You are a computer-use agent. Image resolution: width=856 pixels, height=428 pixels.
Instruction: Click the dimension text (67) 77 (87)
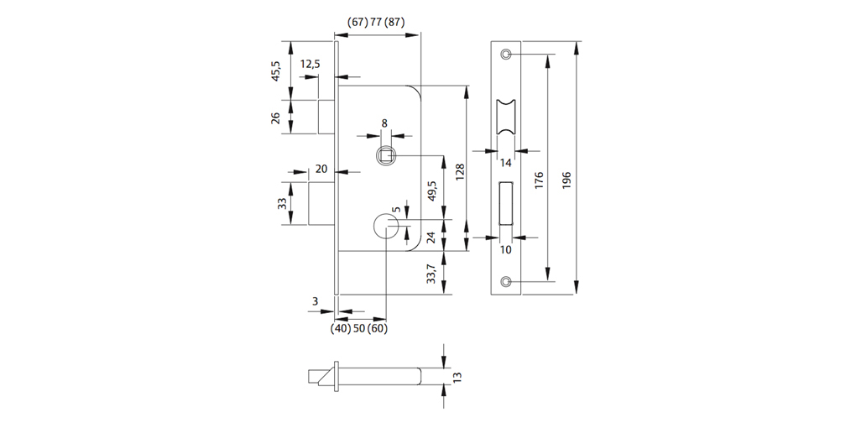[x=376, y=23]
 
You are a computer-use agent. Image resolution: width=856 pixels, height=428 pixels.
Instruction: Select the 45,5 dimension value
[x=275, y=70]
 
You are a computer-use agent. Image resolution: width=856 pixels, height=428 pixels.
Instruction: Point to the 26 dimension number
[x=275, y=117]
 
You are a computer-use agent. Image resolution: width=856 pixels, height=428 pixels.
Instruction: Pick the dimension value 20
[x=321, y=169]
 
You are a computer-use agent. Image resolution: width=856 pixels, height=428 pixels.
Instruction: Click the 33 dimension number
[x=283, y=203]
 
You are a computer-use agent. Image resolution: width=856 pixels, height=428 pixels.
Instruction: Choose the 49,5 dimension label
[x=432, y=191]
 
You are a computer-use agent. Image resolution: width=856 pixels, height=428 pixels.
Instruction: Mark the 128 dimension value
[x=460, y=172]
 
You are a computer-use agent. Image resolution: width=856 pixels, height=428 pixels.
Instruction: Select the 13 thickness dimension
[x=457, y=377]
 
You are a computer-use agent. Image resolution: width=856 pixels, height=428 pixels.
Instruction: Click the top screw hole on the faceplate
[x=505, y=55]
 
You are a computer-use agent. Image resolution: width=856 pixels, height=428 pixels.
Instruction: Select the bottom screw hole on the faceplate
[x=505, y=281]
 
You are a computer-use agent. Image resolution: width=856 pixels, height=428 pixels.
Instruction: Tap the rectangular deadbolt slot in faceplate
[x=505, y=202]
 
